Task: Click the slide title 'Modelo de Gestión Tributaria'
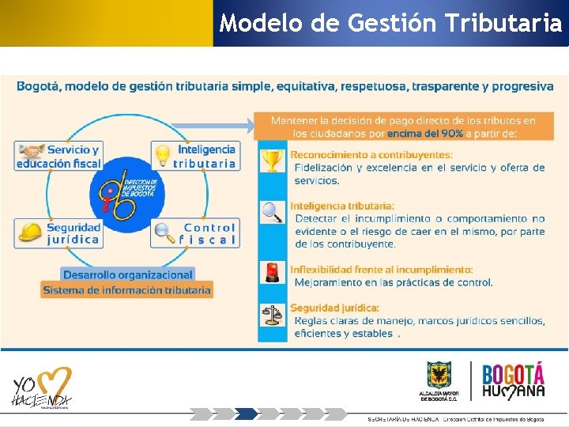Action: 390,23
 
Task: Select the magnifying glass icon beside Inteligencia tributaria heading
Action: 273,212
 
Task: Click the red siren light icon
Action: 273,272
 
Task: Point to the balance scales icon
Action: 273,315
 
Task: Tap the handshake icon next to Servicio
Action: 31,150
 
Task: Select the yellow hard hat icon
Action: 30,232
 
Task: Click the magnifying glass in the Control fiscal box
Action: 164,232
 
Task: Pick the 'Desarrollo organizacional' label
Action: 128,274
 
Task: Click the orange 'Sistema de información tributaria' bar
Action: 127,290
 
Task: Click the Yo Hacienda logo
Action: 41,390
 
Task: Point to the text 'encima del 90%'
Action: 425,134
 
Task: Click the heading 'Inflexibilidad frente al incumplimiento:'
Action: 382,270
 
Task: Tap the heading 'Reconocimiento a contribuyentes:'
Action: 371,155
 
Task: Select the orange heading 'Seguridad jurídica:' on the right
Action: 334,308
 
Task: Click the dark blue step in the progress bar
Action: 247,414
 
